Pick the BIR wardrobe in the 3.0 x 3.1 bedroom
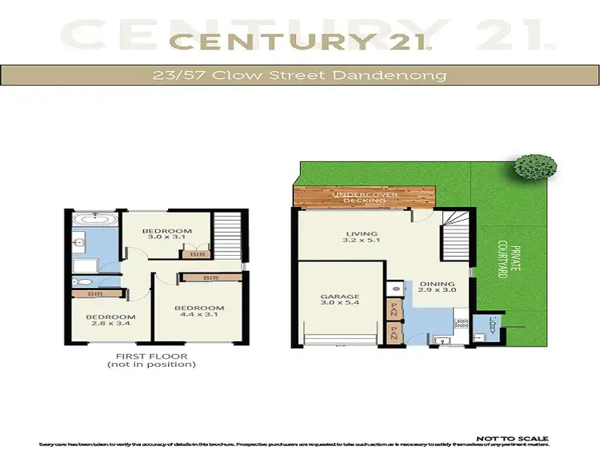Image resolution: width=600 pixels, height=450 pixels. (196, 254)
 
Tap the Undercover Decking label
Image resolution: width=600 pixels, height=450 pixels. (365, 197)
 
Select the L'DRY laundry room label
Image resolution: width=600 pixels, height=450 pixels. (493, 325)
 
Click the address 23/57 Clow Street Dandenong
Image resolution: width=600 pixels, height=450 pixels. (299, 77)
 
